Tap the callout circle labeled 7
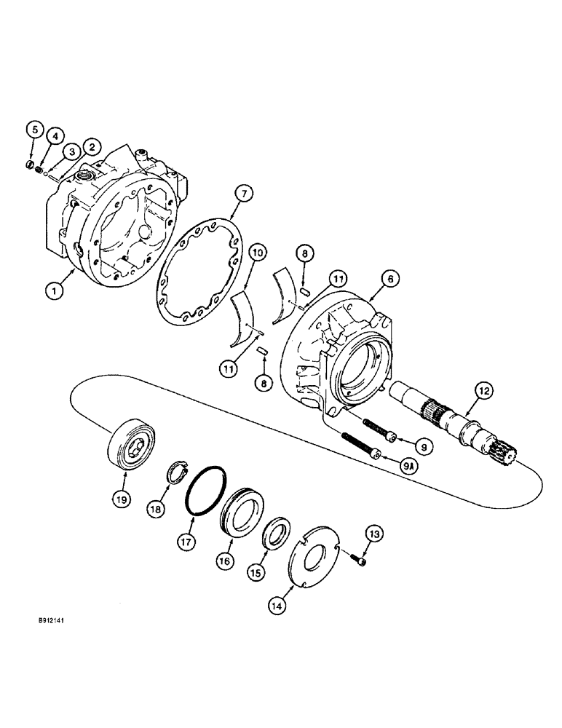[x=245, y=194]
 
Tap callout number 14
[x=280, y=604]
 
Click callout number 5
[x=33, y=130]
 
